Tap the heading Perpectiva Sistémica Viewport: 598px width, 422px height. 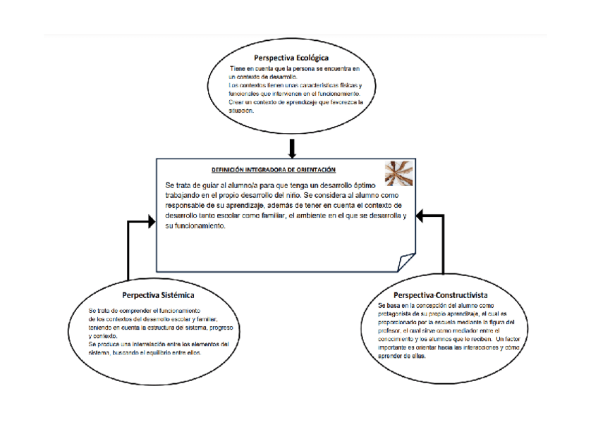coord(158,294)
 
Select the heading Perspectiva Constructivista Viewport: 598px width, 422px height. coord(440,294)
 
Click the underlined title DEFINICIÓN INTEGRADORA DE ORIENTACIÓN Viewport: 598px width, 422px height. coord(273,170)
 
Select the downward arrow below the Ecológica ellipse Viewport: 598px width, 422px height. coord(291,149)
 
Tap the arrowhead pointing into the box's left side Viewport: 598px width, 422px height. coord(149,222)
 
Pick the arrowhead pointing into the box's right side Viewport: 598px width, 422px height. coord(421,216)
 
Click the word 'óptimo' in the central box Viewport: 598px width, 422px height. coord(389,185)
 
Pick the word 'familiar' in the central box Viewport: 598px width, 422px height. coord(269,216)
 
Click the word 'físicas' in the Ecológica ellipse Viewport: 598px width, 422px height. coord(338,85)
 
